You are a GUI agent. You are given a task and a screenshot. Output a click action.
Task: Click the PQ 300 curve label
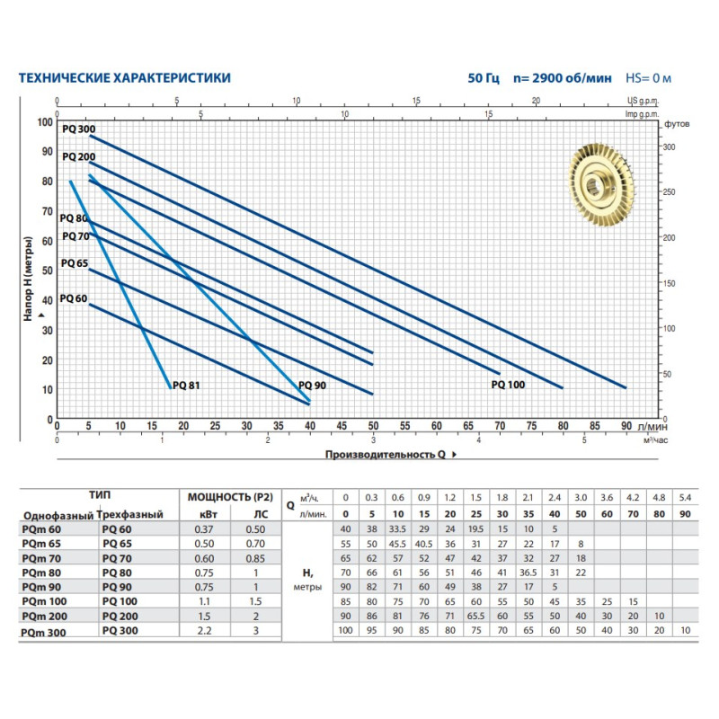click(x=78, y=129)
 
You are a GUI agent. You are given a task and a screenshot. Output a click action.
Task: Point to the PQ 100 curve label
click(x=508, y=384)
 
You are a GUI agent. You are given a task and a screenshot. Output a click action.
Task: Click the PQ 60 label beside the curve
click(x=74, y=298)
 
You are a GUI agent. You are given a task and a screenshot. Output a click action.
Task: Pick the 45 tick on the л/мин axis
click(x=342, y=427)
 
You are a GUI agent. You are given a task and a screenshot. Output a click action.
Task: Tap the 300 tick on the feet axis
click(x=668, y=146)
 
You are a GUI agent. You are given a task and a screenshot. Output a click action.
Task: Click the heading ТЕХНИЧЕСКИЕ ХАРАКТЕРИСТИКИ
click(x=125, y=78)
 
